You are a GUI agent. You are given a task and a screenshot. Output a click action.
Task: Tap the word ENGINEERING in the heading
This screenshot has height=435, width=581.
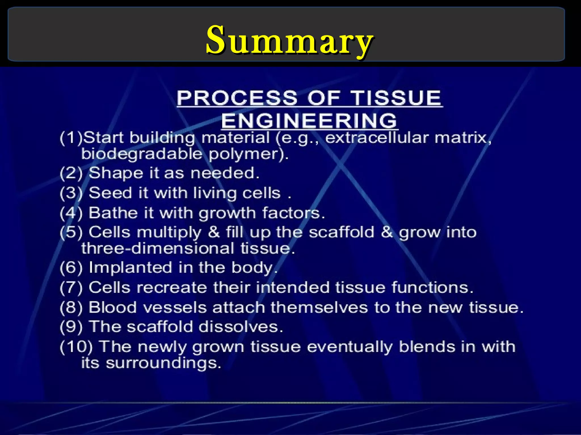click(309, 121)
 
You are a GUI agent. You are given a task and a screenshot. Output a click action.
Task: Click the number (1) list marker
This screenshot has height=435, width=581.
click(71, 138)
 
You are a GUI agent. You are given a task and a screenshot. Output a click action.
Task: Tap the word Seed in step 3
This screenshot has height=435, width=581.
click(110, 193)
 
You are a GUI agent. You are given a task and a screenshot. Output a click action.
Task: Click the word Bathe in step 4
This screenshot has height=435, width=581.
click(113, 213)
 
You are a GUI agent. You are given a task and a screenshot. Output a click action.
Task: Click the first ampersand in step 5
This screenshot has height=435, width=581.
click(214, 232)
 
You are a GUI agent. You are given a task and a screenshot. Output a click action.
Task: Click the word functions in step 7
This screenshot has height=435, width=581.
click(432, 287)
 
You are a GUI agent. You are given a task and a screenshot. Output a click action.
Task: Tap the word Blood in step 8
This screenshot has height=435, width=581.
click(112, 307)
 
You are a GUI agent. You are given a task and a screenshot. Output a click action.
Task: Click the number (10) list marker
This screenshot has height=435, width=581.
click(76, 347)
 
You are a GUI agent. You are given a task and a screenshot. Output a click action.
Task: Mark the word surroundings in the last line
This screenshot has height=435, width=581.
click(163, 363)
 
